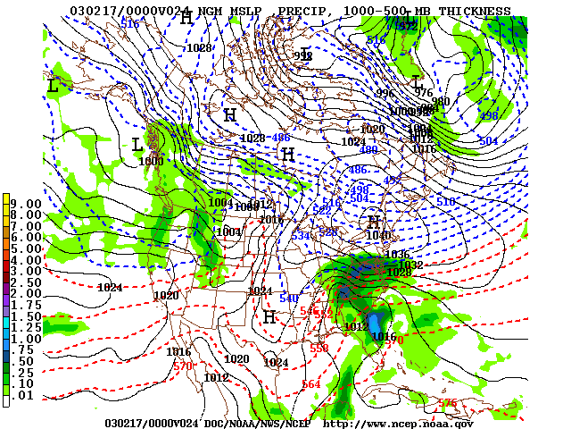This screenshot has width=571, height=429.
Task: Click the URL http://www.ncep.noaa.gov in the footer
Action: (398, 423)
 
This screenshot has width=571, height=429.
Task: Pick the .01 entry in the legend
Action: (29, 395)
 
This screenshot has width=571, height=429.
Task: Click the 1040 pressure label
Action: (378, 235)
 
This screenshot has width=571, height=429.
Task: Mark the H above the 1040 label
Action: (374, 220)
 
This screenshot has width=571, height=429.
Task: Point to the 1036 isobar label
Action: (397, 255)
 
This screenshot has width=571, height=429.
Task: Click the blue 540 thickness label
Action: (289, 298)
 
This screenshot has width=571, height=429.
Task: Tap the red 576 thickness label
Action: (448, 403)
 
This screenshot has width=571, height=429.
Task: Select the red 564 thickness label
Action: (311, 384)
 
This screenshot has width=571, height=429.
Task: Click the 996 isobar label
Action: (385, 93)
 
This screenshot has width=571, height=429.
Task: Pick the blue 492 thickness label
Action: (393, 180)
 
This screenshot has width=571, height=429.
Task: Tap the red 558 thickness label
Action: (319, 349)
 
